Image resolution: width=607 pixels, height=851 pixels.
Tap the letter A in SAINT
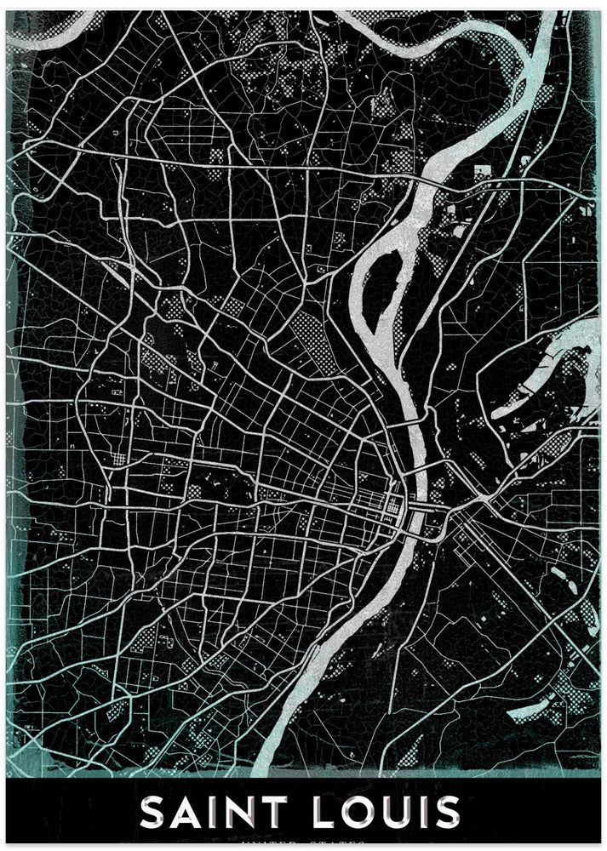pyautogui.click(x=188, y=813)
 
